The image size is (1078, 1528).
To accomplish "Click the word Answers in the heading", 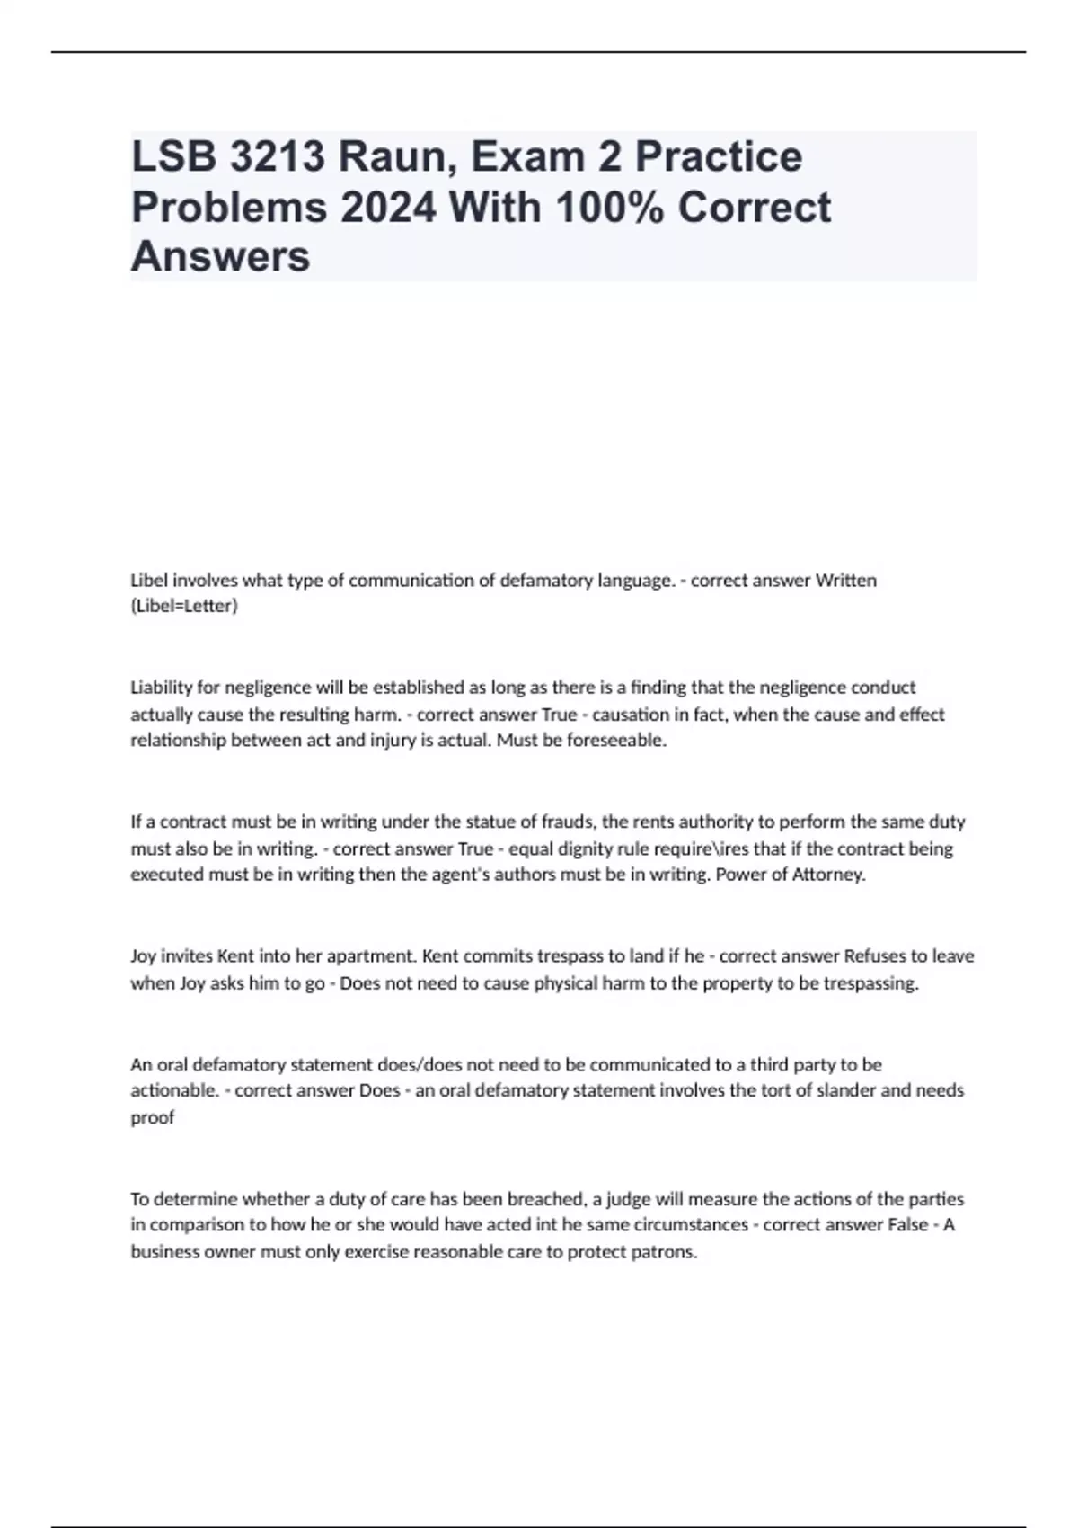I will point(220,257).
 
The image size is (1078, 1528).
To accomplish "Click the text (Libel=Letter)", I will point(184,607).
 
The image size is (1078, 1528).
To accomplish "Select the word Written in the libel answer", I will point(845,581).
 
